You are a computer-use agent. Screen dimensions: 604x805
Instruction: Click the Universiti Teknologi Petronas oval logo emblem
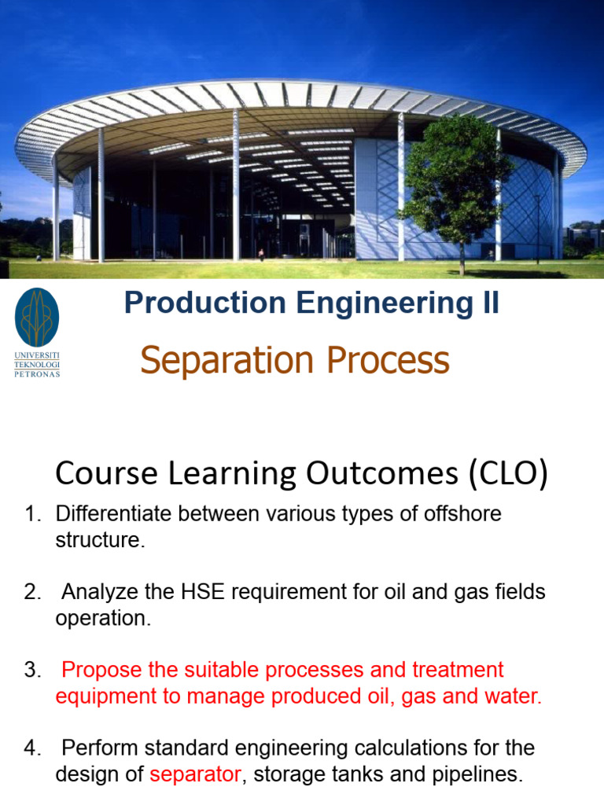[x=37, y=317]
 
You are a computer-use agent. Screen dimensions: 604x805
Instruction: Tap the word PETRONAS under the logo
[x=37, y=374]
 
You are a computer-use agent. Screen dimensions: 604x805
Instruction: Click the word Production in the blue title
[x=205, y=302]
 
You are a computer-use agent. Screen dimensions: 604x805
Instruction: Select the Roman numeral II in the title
[x=491, y=302]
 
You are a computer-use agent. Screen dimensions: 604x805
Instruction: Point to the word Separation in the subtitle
[x=227, y=361]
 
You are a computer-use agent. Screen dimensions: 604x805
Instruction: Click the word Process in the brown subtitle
[x=389, y=360]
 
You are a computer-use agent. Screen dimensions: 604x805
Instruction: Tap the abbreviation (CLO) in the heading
[x=508, y=472]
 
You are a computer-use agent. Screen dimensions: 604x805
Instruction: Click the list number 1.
[x=32, y=513]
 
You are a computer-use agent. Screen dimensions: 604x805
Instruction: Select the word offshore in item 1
[x=462, y=513]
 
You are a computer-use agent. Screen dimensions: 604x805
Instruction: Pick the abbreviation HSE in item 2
[x=203, y=592]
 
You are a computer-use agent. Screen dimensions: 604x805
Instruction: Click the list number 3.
[x=32, y=670]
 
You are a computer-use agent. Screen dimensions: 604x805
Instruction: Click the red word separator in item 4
[x=195, y=775]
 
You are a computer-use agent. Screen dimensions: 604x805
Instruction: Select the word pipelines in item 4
[x=477, y=775]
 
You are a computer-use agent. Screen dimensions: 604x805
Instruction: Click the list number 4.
[x=32, y=748]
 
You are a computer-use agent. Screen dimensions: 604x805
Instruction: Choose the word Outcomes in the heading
[x=382, y=472]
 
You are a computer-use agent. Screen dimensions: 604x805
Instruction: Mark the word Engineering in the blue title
[x=385, y=303]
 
